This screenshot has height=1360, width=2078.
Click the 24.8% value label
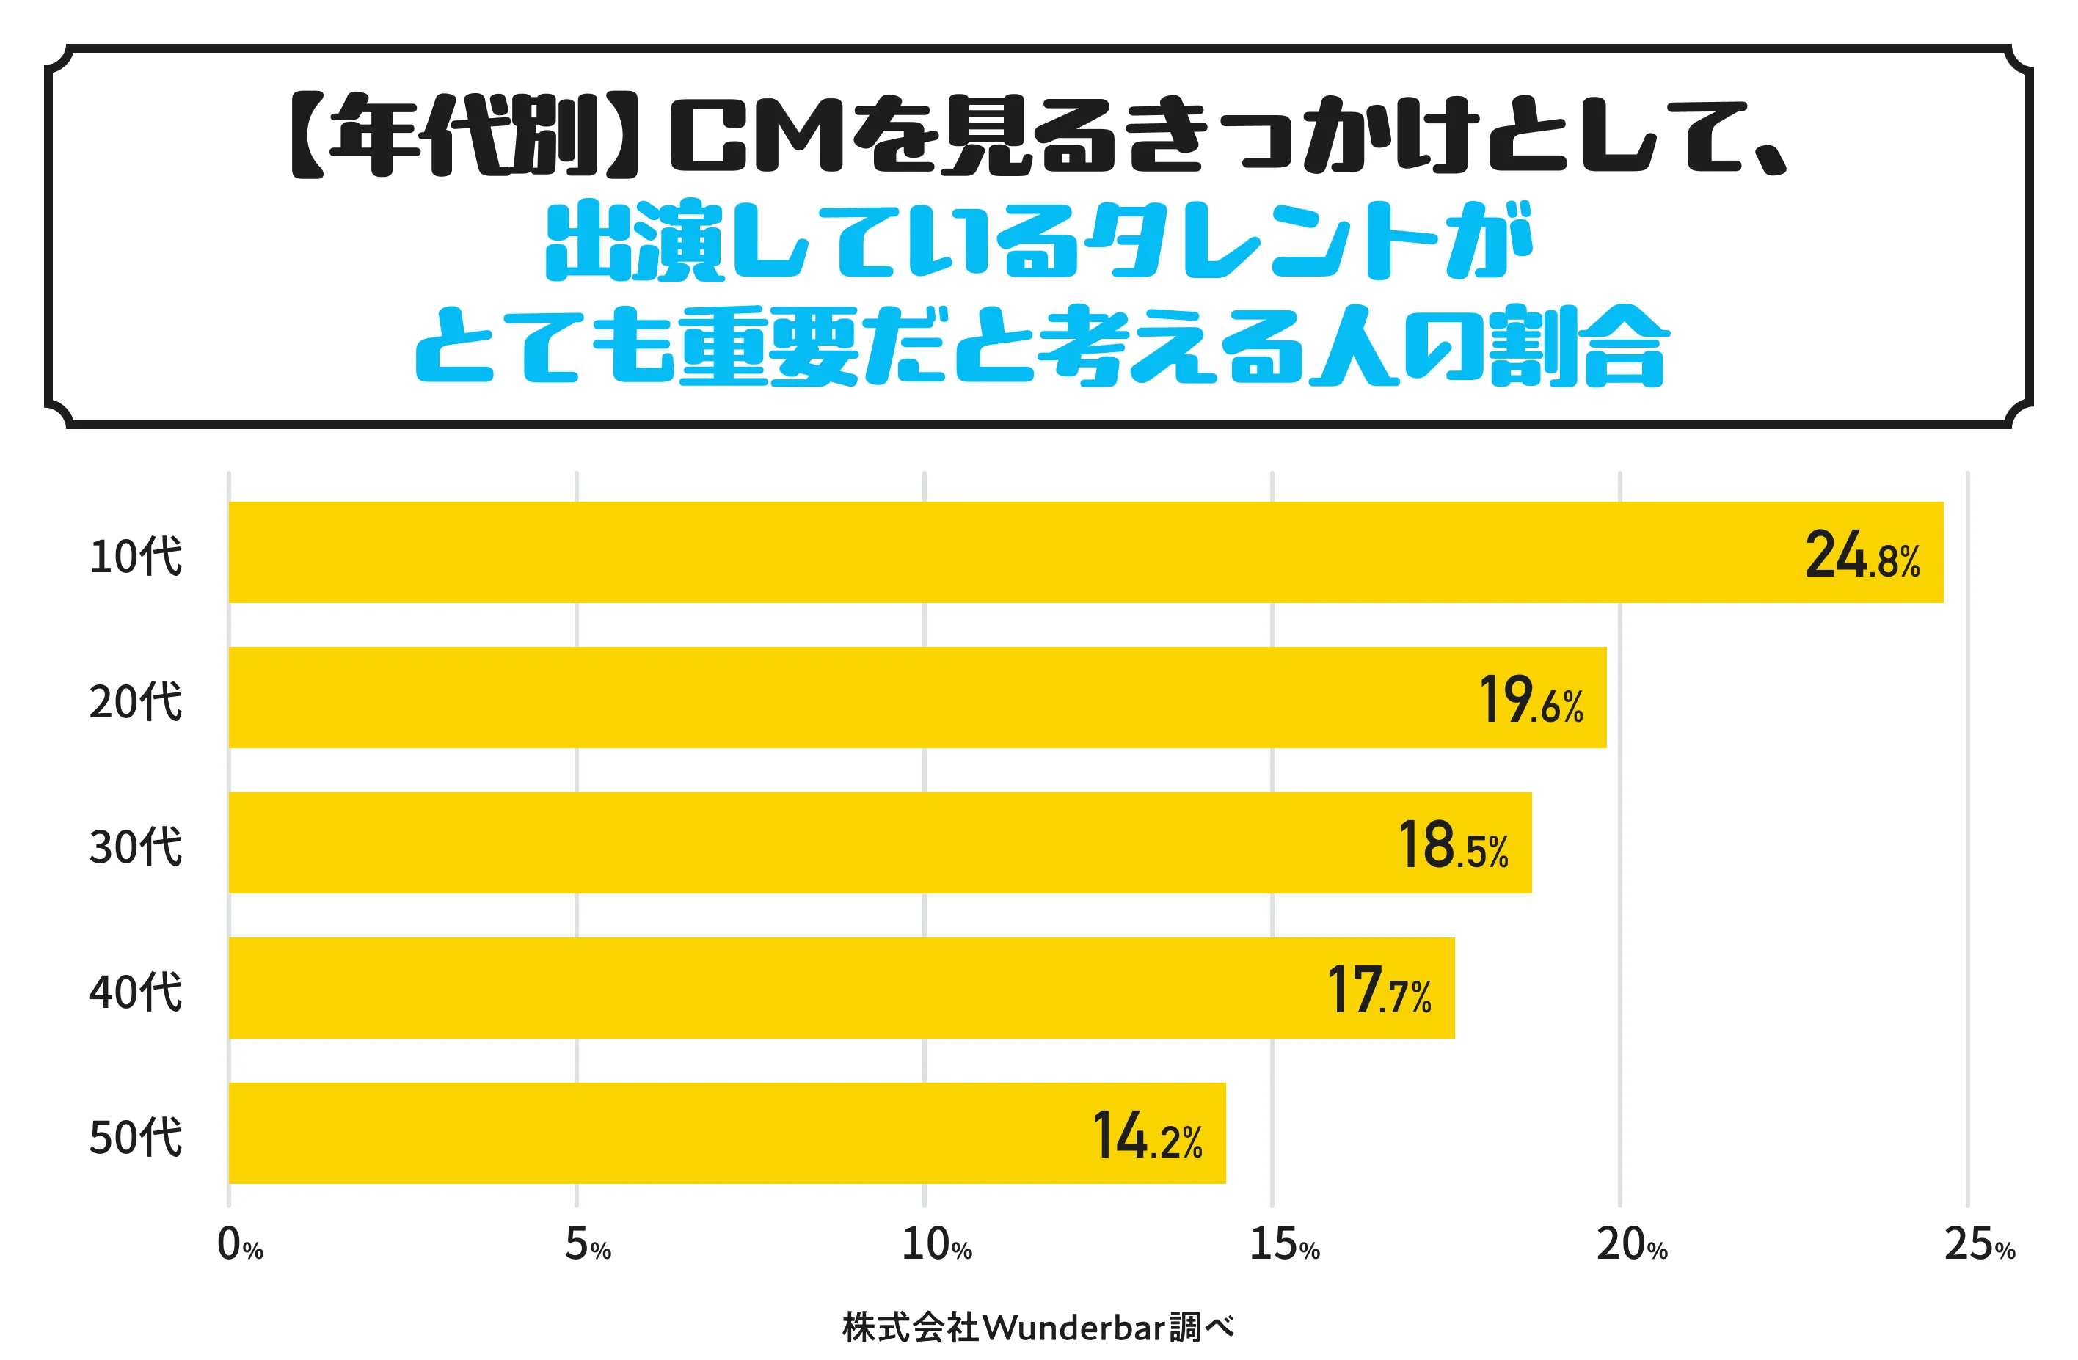(x=1862, y=555)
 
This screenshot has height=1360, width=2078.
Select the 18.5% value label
(x=1453, y=845)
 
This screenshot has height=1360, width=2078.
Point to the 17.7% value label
(x=1379, y=991)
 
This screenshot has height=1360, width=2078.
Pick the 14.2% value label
(x=1148, y=1136)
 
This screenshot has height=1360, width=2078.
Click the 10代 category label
(x=135, y=556)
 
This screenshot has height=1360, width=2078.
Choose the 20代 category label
(x=135, y=701)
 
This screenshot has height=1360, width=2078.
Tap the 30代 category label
(x=135, y=847)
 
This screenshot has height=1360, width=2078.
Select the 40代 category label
(x=135, y=992)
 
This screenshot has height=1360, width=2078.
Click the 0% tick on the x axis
(x=239, y=1245)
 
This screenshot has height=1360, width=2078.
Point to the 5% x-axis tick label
(x=588, y=1245)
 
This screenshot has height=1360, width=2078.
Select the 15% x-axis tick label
(x=1283, y=1245)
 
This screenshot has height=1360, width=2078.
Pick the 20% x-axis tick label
(x=1632, y=1245)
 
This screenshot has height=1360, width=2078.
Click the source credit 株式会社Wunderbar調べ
(x=1038, y=1328)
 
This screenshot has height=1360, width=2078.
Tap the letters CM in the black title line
(x=755, y=138)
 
